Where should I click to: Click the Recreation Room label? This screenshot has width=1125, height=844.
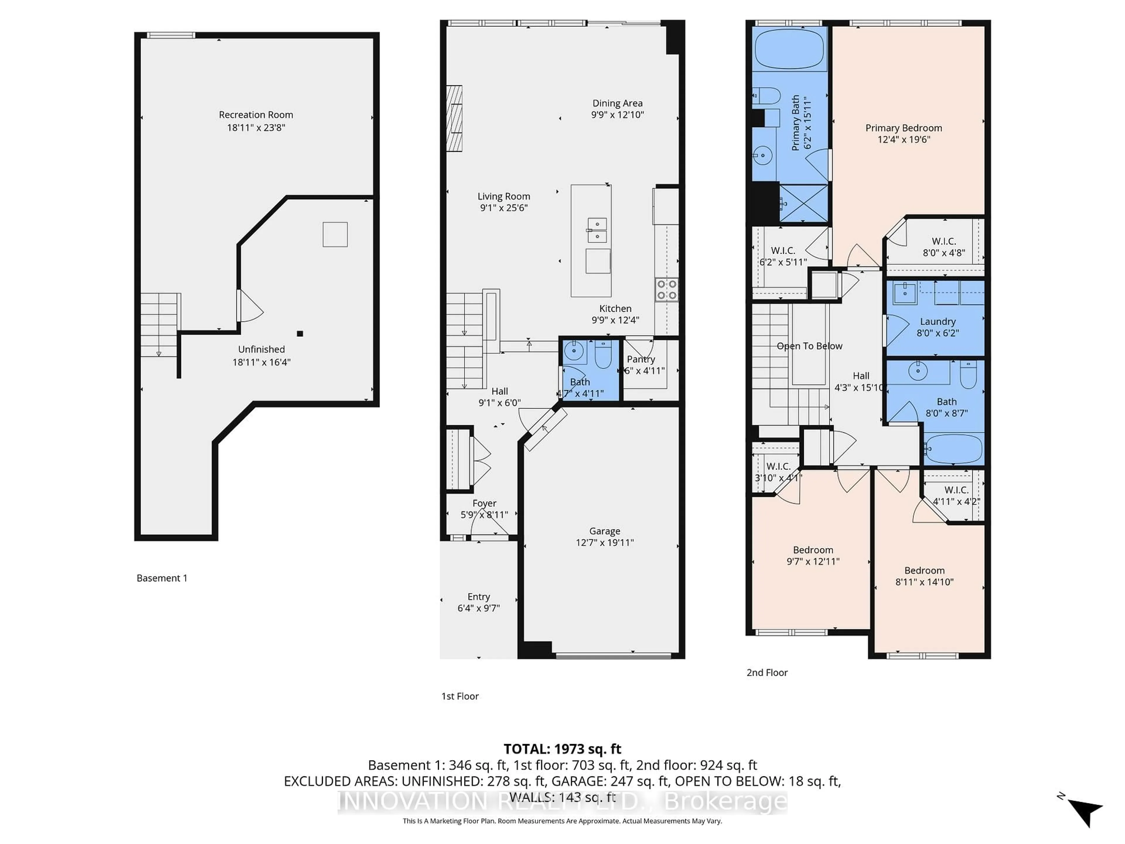point(256,115)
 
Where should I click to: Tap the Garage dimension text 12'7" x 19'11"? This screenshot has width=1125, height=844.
point(605,542)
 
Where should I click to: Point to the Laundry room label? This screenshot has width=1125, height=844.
point(937,321)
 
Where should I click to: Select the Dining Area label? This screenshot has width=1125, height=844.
point(617,103)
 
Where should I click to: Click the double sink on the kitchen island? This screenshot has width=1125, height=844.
point(597,230)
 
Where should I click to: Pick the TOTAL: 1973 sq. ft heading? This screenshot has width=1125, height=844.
point(562,749)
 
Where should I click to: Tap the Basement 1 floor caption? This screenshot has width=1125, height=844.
point(162,578)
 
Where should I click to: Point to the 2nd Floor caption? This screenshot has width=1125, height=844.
point(767,673)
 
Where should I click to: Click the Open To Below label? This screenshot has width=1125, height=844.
point(809,346)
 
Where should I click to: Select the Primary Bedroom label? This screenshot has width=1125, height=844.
point(904,128)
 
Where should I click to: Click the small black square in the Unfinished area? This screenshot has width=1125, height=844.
point(300,334)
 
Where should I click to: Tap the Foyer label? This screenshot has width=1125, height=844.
point(484,503)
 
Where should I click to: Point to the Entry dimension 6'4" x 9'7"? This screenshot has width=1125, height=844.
point(479,608)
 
